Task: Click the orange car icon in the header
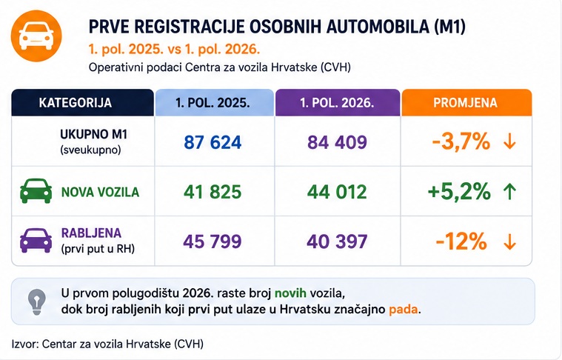click(x=36, y=36)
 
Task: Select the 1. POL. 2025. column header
click(x=214, y=102)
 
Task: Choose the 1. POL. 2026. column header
click(x=337, y=102)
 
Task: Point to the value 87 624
click(x=213, y=142)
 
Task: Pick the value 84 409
click(x=337, y=142)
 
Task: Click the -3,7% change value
click(x=461, y=141)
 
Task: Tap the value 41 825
click(x=213, y=192)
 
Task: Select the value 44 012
click(x=337, y=192)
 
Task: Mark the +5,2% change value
click(x=459, y=191)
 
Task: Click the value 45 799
click(x=213, y=241)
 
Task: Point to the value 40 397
click(x=337, y=241)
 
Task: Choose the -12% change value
click(x=461, y=241)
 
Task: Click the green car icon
click(x=36, y=191)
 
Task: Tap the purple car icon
click(x=36, y=240)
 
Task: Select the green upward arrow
click(x=509, y=191)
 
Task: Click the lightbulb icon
click(x=37, y=302)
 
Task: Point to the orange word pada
click(x=404, y=309)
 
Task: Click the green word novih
click(x=290, y=293)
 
